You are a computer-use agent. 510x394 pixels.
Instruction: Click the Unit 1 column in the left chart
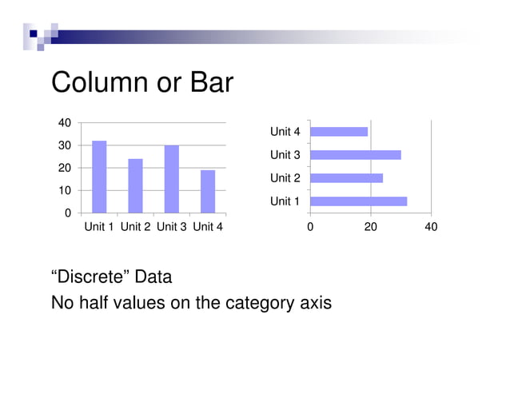click(x=99, y=177)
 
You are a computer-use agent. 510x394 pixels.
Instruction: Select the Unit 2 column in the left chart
click(x=135, y=186)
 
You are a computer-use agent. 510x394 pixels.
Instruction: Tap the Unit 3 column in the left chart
click(x=172, y=179)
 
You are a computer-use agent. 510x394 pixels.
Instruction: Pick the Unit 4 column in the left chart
click(x=208, y=192)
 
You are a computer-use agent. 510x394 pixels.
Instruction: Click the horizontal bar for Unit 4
click(x=338, y=131)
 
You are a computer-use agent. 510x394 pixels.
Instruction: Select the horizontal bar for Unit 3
click(x=355, y=154)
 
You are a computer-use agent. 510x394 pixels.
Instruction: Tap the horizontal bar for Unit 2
click(x=346, y=177)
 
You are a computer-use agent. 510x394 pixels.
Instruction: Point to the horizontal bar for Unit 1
click(x=358, y=201)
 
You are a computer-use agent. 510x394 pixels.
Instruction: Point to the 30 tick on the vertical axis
click(x=62, y=145)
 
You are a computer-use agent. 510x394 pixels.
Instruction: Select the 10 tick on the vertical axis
click(x=62, y=191)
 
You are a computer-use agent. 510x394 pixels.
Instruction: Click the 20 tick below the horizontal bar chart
click(x=370, y=227)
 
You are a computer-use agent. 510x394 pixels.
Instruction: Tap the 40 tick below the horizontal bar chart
click(x=431, y=227)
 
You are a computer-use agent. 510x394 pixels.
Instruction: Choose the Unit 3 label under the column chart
click(x=172, y=227)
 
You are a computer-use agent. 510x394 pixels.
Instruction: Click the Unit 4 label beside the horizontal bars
click(x=285, y=131)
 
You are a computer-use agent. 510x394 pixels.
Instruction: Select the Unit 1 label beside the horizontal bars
click(x=285, y=201)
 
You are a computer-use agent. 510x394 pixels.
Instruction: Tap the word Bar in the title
click(x=210, y=82)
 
